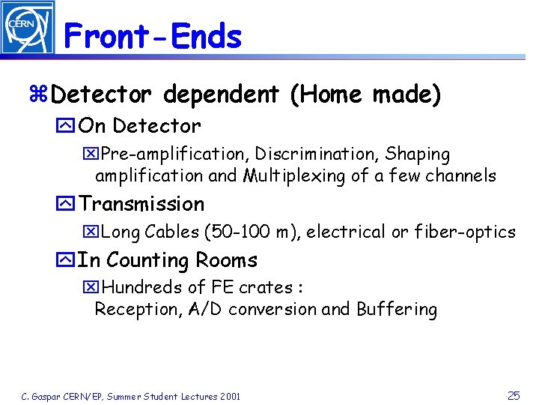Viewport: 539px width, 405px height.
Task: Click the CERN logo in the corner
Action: pyautogui.click(x=27, y=27)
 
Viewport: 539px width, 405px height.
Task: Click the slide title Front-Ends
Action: pyautogui.click(x=153, y=36)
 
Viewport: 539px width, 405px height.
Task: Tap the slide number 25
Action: pyautogui.click(x=514, y=394)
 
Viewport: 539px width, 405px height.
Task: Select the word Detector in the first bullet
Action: pyautogui.click(x=102, y=95)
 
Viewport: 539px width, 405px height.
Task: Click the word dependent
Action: pyautogui.click(x=221, y=95)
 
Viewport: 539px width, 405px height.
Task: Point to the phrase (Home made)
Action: pyautogui.click(x=365, y=95)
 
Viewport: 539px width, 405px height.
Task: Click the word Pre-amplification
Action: pyautogui.click(x=172, y=154)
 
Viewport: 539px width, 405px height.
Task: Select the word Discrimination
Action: pyautogui.click(x=317, y=154)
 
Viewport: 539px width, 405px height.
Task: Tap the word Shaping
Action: pyautogui.click(x=418, y=154)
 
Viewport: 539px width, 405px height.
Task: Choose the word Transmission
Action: pyautogui.click(x=141, y=204)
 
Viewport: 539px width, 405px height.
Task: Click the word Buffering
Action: pyautogui.click(x=397, y=309)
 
